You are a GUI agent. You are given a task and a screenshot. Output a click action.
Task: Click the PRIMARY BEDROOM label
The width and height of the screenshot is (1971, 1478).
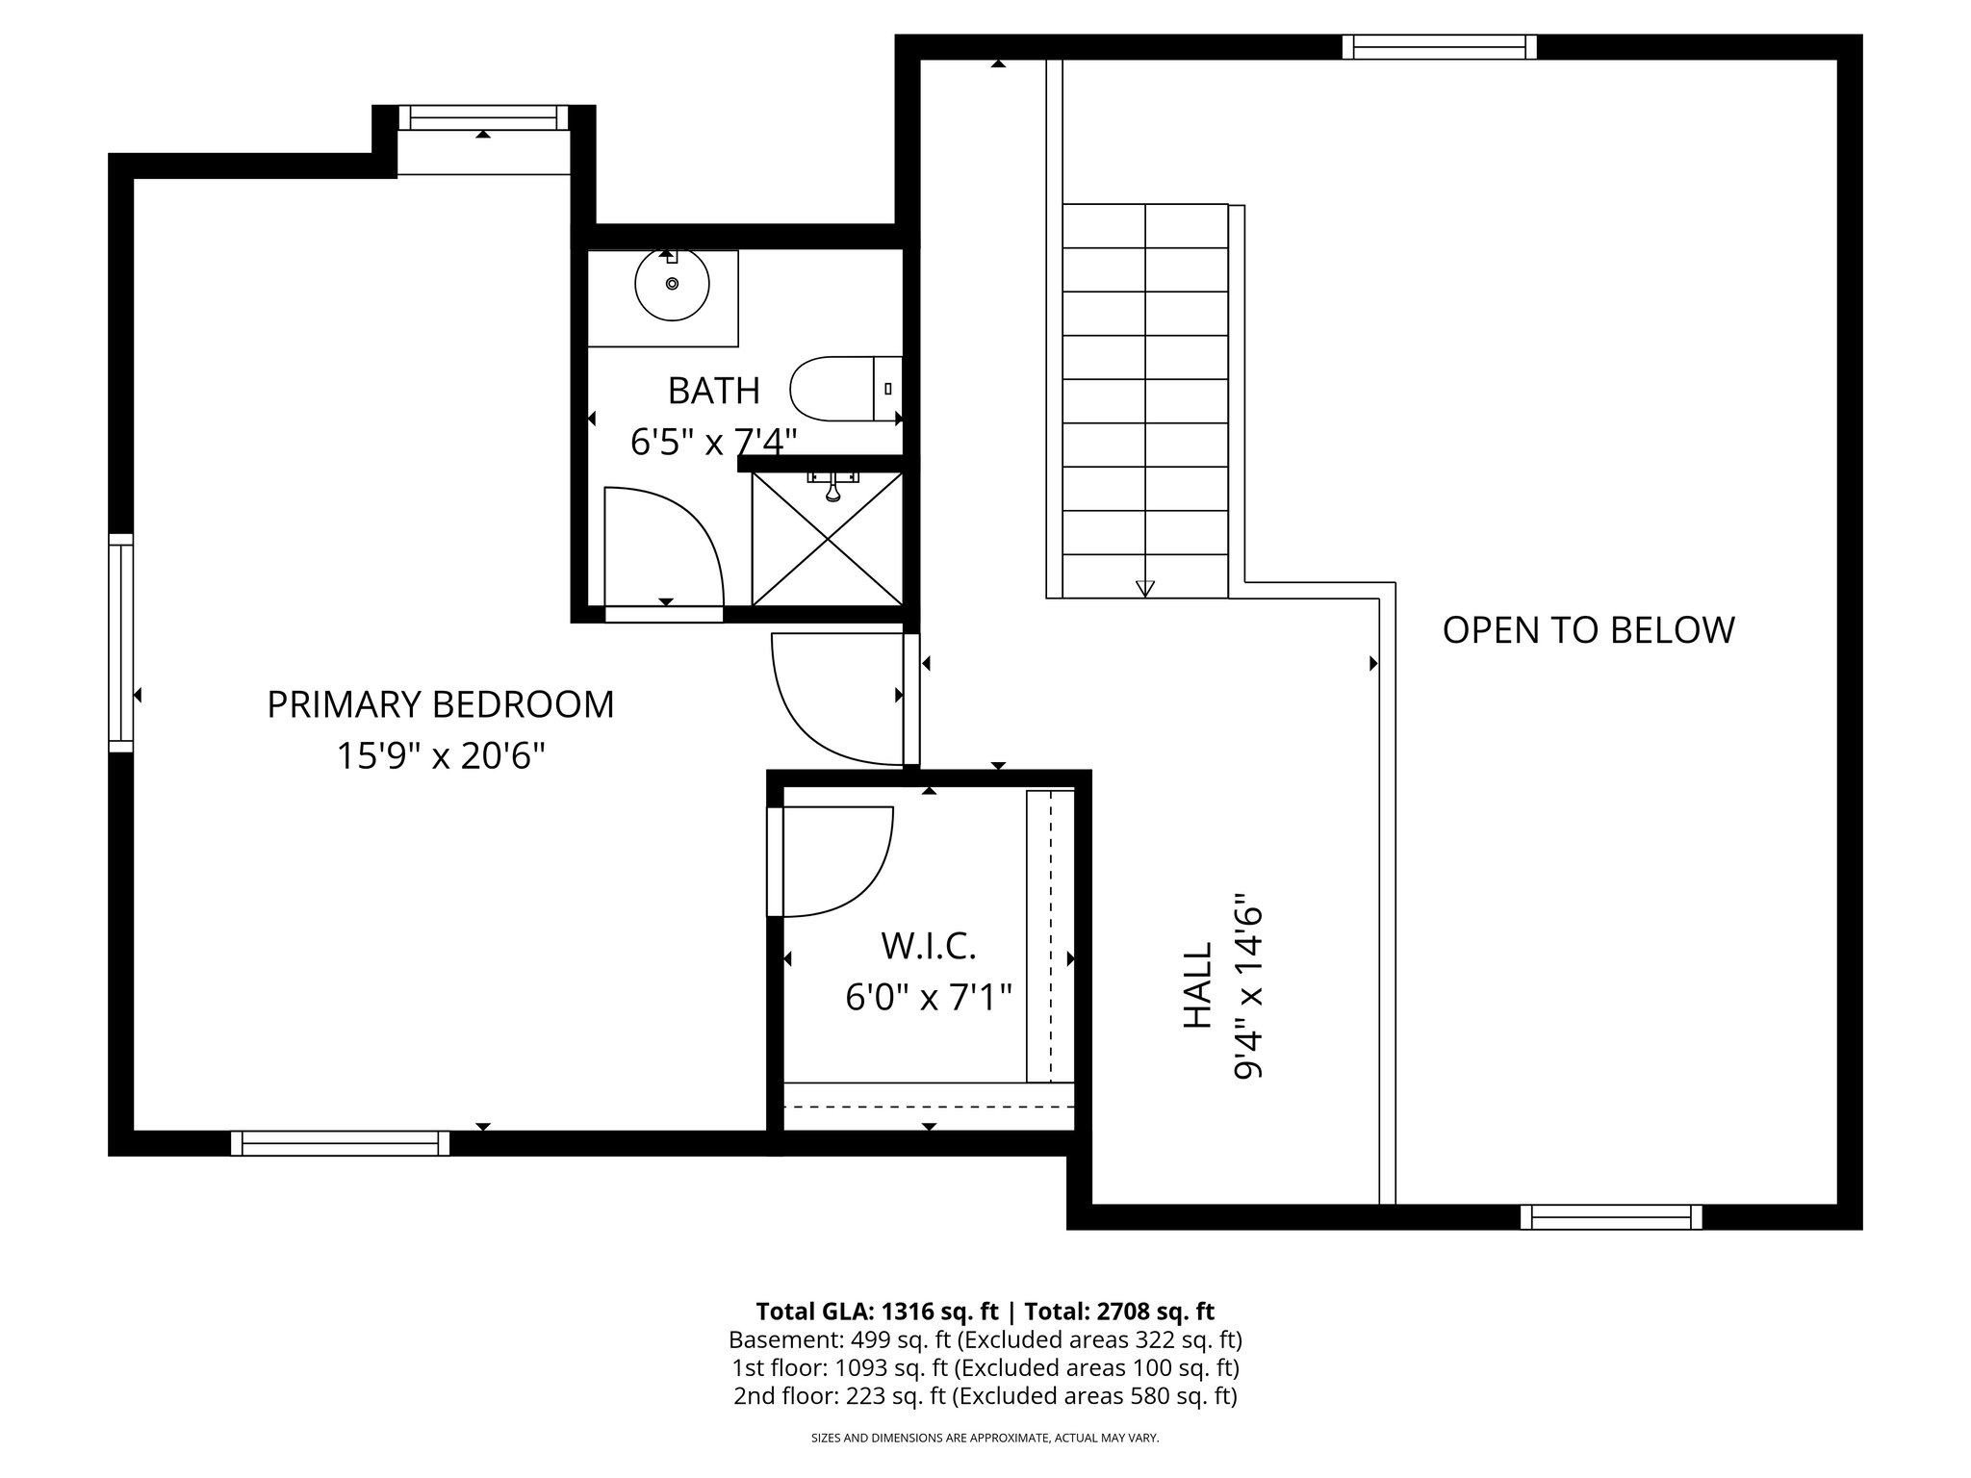point(440,704)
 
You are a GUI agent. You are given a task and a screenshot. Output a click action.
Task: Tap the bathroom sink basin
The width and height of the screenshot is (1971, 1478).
point(672,284)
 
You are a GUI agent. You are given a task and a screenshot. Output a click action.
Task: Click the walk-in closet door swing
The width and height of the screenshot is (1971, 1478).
point(833,859)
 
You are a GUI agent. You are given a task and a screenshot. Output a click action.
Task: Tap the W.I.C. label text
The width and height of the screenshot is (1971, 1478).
point(929,946)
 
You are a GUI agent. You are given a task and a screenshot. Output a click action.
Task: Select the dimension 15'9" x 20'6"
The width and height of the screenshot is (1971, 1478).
point(440,756)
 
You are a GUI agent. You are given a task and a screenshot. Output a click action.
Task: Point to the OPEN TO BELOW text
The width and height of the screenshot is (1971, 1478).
point(1588,630)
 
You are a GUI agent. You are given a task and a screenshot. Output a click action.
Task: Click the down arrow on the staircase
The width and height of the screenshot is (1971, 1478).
point(1144,587)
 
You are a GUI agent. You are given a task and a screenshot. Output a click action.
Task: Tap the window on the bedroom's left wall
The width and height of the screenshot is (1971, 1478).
point(120,643)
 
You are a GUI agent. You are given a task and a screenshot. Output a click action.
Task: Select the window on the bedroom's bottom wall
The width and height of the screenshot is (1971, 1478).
point(340,1143)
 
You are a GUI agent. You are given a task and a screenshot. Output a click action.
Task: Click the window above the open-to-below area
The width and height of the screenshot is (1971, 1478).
point(1439,47)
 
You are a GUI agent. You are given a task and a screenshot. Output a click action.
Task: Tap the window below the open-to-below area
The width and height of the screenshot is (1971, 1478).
point(1611,1217)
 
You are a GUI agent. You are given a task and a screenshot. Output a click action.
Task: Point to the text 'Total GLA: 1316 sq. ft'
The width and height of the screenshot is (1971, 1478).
point(880,1312)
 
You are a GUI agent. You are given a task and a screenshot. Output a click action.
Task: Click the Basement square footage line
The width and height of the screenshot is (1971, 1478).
point(985,1339)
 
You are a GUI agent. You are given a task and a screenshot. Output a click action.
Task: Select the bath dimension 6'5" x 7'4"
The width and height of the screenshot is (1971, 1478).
point(713,442)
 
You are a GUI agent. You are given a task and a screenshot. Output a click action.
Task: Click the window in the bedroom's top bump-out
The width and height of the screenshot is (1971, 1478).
point(483,118)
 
